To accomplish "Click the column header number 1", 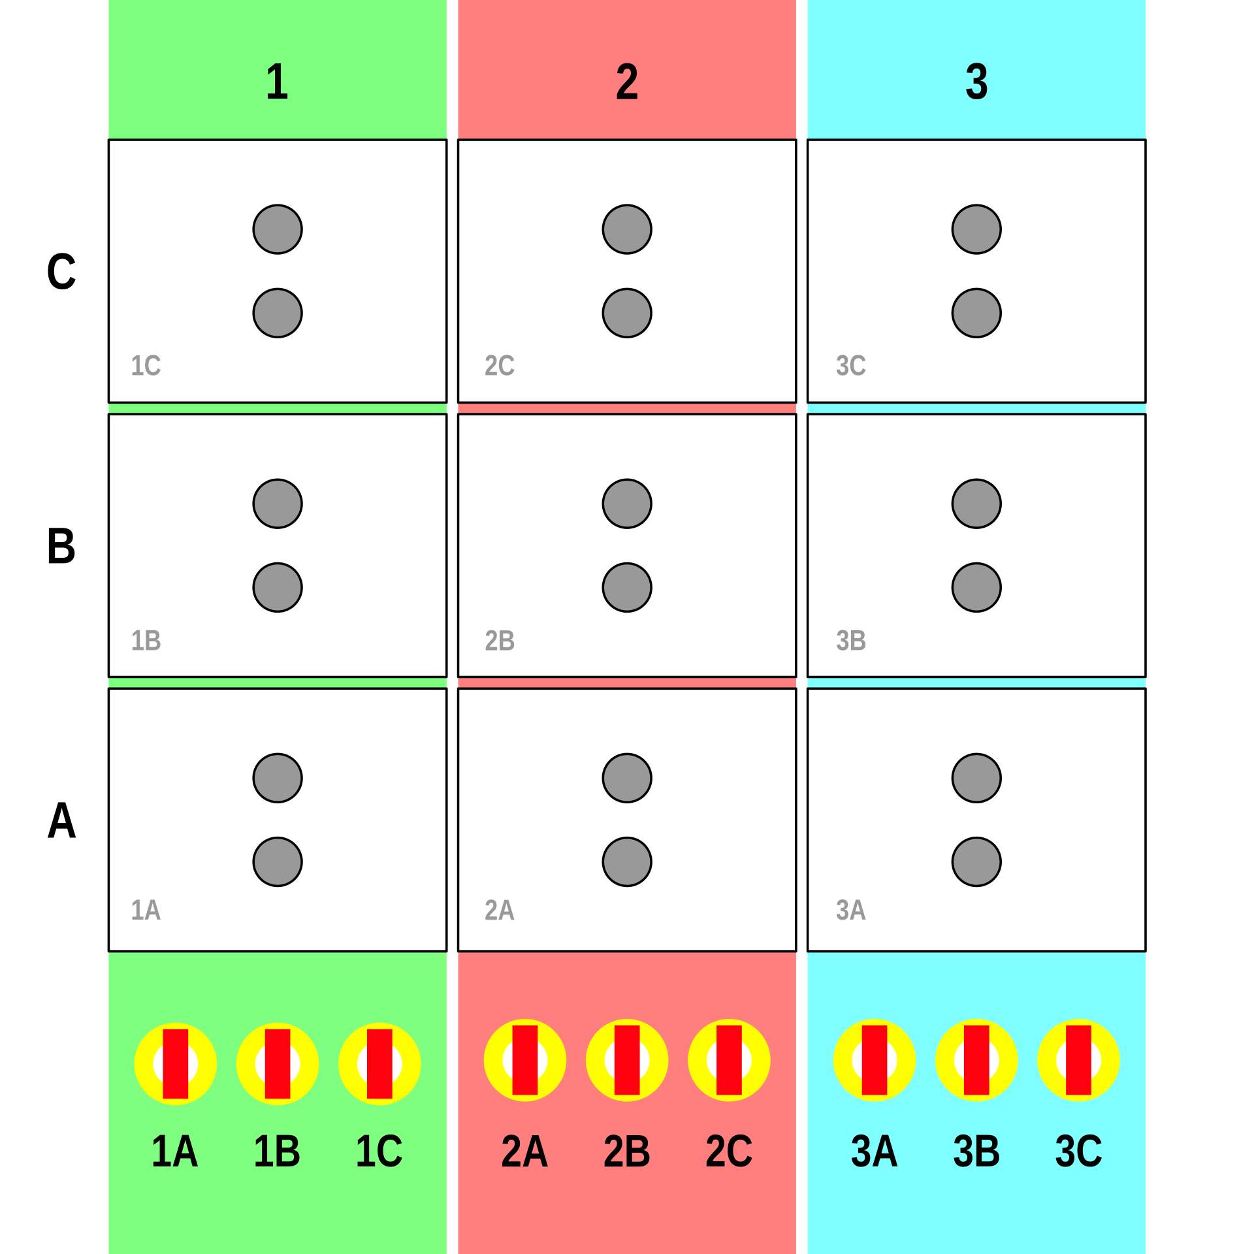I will (x=277, y=82).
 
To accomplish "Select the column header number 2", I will (x=626, y=82).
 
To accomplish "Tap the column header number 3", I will (x=976, y=82).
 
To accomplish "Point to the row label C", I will (x=61, y=272).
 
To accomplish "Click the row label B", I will (x=61, y=546).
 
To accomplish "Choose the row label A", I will (x=61, y=820).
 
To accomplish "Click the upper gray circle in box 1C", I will (x=278, y=229).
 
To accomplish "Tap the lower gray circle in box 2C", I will (x=627, y=313).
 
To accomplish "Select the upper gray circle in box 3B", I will (x=976, y=504).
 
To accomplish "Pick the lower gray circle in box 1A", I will (x=278, y=861).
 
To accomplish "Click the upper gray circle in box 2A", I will (x=627, y=778).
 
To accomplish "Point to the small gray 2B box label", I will (x=500, y=641).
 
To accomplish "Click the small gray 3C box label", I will (x=850, y=366).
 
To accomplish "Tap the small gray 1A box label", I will (x=146, y=910).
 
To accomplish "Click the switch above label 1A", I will (x=175, y=1064).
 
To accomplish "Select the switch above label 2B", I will (x=627, y=1060).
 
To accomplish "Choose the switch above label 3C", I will (x=1078, y=1060).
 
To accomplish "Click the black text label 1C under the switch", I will (x=379, y=1151).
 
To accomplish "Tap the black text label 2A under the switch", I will (x=524, y=1151).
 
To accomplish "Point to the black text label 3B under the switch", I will (x=976, y=1151).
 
